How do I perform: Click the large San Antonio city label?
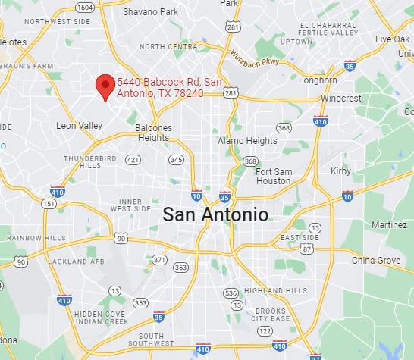[x=215, y=214]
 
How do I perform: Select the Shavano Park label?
[x=150, y=12]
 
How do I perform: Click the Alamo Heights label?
[x=247, y=141]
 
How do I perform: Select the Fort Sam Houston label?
[x=274, y=176]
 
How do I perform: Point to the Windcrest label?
[x=341, y=99]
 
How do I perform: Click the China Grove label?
[x=375, y=261]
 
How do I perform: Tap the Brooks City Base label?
[x=270, y=315]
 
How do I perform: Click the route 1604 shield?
[x=85, y=8]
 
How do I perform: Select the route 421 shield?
[x=133, y=160]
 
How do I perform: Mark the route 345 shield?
[x=177, y=160]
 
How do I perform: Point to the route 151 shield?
[x=49, y=204]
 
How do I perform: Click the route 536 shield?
[x=231, y=293]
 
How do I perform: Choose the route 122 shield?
[x=265, y=331]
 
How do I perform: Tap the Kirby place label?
[x=341, y=171]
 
